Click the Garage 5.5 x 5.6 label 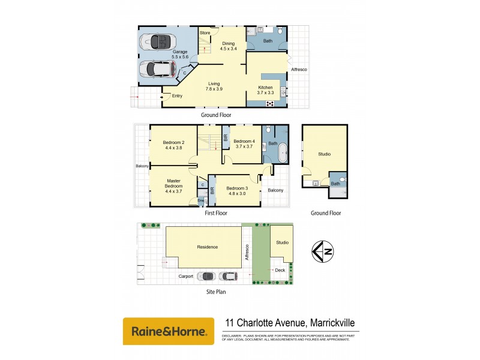(x=180, y=55)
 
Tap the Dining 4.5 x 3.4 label (x=229, y=46)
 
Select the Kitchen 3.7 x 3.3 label (x=265, y=89)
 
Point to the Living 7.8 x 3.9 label (x=214, y=86)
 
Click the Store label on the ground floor (x=205, y=32)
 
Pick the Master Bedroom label (x=173, y=184)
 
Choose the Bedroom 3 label (x=237, y=191)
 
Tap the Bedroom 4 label (x=245, y=143)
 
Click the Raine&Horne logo (x=169, y=331)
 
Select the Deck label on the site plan (x=280, y=270)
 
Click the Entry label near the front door (x=177, y=96)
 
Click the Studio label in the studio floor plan (x=325, y=154)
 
